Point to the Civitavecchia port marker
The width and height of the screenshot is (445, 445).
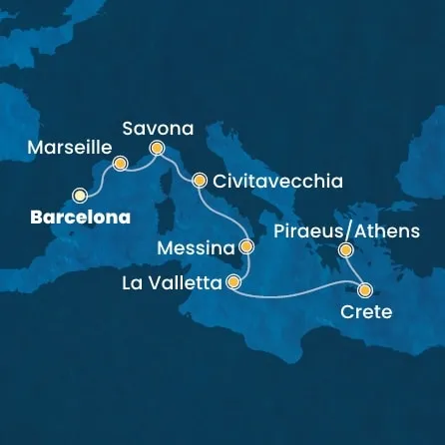tap(199, 182)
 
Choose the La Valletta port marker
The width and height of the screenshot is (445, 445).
tap(233, 282)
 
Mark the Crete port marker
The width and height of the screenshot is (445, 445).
tap(365, 291)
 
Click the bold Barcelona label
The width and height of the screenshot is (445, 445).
tap(71, 217)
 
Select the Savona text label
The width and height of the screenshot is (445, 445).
tap(157, 128)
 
